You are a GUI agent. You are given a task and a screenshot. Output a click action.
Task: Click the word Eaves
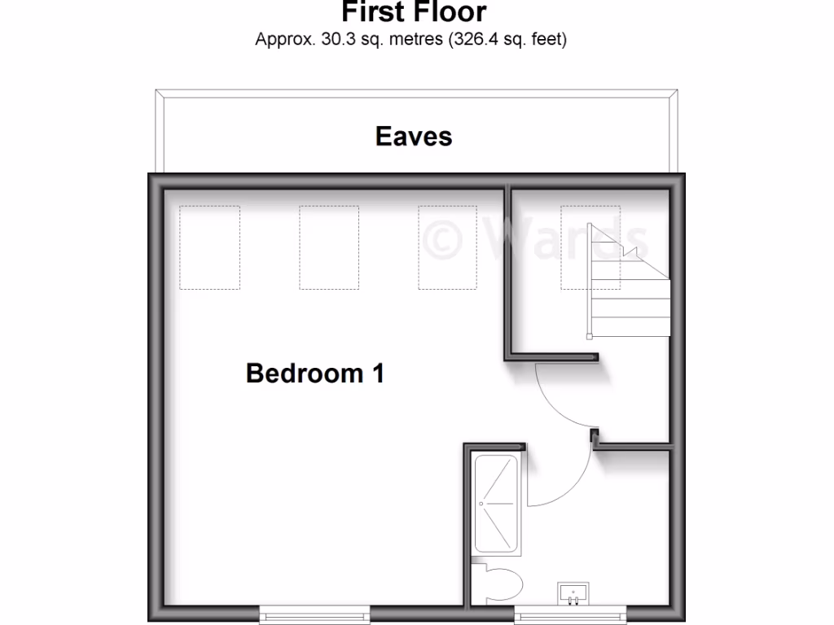point(414,136)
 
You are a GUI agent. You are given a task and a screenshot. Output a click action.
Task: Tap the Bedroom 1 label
point(314,374)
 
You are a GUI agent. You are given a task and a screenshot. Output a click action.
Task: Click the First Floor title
point(414,12)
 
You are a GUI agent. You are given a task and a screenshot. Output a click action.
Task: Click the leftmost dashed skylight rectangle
point(209,247)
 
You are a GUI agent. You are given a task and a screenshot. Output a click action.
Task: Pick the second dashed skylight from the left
point(329,247)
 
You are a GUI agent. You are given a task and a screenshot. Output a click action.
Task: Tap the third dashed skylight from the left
point(448,247)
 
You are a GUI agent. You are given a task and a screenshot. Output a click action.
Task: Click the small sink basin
point(573,593)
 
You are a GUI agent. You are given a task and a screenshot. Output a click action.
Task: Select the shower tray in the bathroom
point(495,503)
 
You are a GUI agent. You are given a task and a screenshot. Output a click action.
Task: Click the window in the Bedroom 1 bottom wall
point(314,615)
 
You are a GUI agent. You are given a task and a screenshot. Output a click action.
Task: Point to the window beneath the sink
point(570,615)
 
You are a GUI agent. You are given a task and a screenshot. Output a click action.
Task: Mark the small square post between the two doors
point(595,436)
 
